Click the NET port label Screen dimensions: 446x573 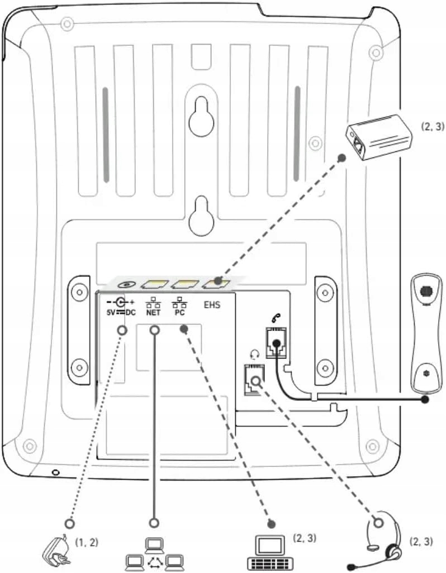[x=154, y=313]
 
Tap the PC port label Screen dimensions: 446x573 [x=180, y=313]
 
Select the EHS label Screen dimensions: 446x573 [x=212, y=305]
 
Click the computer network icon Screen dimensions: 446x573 [x=154, y=553]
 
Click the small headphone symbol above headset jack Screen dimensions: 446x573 [x=255, y=353]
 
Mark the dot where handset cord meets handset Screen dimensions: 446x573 [x=425, y=400]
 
